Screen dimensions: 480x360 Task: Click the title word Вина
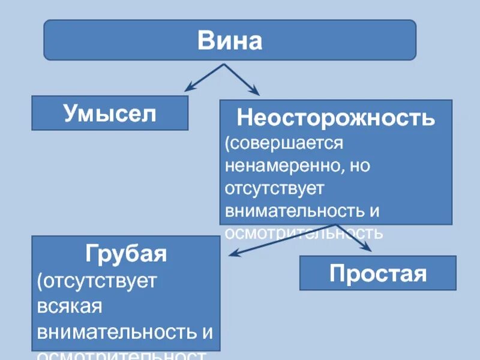coord(230,41)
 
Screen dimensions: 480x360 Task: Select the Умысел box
coord(110,113)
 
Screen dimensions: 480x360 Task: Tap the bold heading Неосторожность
coord(335,118)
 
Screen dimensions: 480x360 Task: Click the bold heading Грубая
coord(126,253)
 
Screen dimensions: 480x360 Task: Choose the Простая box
coord(377,273)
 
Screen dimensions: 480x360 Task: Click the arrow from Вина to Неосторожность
coord(244,78)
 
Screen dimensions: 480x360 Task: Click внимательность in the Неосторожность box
coord(294,210)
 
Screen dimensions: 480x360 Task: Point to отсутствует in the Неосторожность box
coord(274,188)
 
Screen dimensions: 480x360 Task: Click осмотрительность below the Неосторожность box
coord(303,232)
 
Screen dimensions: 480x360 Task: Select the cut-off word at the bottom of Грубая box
coord(120,354)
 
